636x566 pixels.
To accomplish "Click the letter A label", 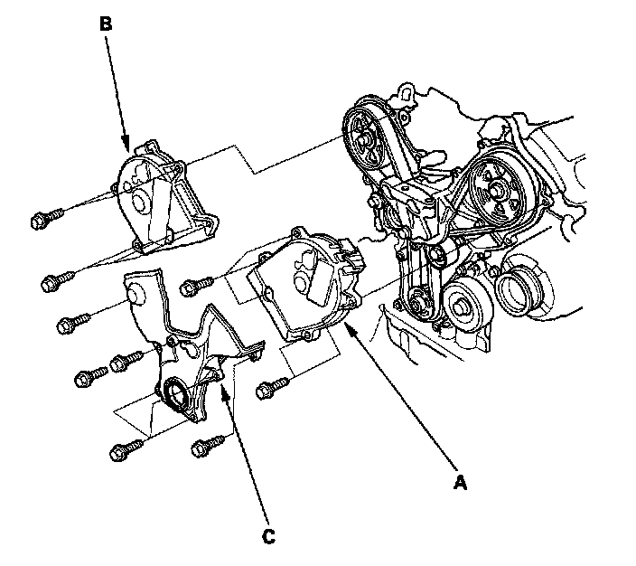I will [x=460, y=484].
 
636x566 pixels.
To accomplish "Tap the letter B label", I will [x=106, y=25].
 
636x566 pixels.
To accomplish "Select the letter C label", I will [x=267, y=537].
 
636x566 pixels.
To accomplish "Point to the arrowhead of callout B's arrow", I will [x=127, y=146].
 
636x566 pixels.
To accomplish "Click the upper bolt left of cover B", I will [x=45, y=219].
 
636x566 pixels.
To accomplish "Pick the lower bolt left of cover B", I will [x=54, y=283].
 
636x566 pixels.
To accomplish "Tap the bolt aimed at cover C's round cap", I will [x=72, y=322].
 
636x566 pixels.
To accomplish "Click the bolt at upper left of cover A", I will [x=192, y=287].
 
